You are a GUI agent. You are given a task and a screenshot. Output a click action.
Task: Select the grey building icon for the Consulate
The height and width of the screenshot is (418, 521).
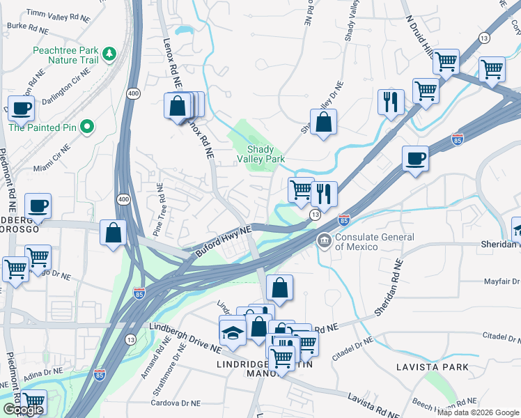coord(324,242)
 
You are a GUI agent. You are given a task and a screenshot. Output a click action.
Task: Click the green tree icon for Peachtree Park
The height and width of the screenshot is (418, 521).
coord(109,54)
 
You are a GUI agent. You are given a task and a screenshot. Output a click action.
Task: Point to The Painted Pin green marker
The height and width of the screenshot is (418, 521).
coord(86,127)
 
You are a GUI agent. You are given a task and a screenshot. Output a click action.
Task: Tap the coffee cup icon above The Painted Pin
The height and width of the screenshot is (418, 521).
coord(21,108)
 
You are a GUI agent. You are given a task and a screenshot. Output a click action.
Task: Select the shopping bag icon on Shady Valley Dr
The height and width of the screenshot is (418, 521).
coord(324,122)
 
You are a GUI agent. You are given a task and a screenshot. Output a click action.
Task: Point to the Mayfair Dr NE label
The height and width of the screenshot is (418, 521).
coord(502,282)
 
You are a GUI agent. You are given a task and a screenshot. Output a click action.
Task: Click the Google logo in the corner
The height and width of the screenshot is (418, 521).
coord(23,410)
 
